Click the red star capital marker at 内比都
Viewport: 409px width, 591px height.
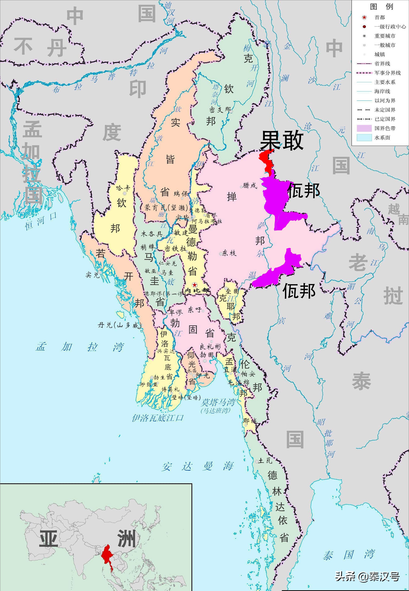click(x=195, y=285)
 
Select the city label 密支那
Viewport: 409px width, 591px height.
click(x=220, y=110)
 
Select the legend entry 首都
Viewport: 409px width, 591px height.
click(x=380, y=17)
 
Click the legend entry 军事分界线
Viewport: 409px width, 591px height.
click(x=388, y=73)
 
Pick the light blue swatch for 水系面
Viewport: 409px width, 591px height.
click(x=364, y=137)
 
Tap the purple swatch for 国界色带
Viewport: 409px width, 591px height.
click(x=364, y=128)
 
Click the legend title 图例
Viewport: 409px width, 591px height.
click(x=381, y=6)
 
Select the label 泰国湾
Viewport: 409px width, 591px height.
click(x=349, y=554)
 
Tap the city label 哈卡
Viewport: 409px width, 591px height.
click(x=123, y=188)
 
